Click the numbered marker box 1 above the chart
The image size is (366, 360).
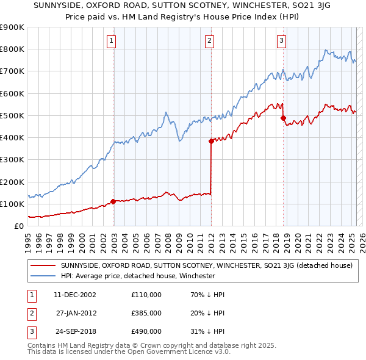pyautogui.click(x=112, y=41)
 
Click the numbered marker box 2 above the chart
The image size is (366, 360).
pyautogui.click(x=209, y=41)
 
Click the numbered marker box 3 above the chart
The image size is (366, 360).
pyautogui.click(x=281, y=41)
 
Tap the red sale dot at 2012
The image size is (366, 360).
pyautogui.click(x=211, y=141)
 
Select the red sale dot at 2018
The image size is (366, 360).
pyautogui.click(x=283, y=118)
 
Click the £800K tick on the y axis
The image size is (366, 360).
pyautogui.click(x=12, y=49)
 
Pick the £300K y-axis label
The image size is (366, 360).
pyautogui.click(x=12, y=160)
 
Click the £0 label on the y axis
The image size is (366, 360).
pyautogui.click(x=18, y=226)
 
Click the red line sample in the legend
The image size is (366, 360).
pyautogui.click(x=43, y=265)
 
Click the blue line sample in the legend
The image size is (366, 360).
pyautogui.click(x=43, y=276)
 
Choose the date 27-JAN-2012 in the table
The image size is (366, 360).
pyautogui.click(x=77, y=313)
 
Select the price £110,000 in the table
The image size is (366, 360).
pyautogui.click(x=146, y=295)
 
